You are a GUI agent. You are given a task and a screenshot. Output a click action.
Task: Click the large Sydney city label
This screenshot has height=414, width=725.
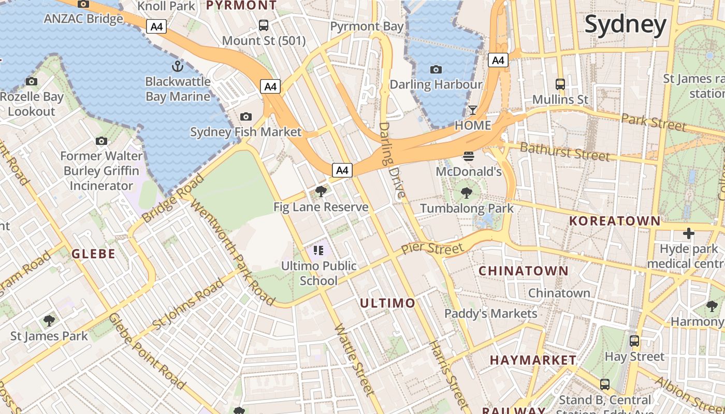pyautogui.click(x=625, y=24)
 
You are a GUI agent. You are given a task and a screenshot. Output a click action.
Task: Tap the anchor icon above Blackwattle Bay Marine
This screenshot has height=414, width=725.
pyautogui.click(x=178, y=66)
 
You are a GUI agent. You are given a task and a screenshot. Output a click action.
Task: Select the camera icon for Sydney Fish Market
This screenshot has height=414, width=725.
pyautogui.click(x=246, y=117)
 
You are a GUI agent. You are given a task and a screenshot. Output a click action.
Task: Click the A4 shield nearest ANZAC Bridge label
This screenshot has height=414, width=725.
pyautogui.click(x=156, y=26)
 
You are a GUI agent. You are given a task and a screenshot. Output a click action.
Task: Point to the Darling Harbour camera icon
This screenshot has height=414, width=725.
pyautogui.click(x=436, y=70)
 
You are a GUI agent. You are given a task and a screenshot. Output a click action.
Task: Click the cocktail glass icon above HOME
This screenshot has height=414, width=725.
pyautogui.click(x=472, y=110)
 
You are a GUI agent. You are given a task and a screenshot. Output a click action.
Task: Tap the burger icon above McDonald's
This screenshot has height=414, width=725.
pyautogui.click(x=469, y=156)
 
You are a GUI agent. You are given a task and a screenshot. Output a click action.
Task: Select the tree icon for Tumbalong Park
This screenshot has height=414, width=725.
pyautogui.click(x=467, y=194)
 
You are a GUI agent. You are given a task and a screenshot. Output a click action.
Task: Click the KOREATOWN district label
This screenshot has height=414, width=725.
pyautogui.click(x=614, y=221)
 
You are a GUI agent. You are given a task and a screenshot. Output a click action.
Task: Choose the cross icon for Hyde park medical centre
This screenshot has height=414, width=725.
pyautogui.click(x=688, y=234)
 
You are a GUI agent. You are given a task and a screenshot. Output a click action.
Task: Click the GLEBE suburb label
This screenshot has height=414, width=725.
pyautogui.click(x=93, y=254)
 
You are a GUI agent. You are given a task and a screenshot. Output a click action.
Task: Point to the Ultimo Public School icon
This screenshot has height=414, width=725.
pyautogui.click(x=318, y=251)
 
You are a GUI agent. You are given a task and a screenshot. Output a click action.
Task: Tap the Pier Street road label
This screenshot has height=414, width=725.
pyautogui.click(x=432, y=249)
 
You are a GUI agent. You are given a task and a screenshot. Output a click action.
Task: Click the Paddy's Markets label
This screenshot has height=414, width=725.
pyautogui.click(x=491, y=314)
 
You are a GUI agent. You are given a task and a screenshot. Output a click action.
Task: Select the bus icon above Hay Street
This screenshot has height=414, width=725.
pyautogui.click(x=634, y=341)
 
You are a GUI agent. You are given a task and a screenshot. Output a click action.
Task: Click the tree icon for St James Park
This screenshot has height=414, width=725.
pyautogui.click(x=49, y=321)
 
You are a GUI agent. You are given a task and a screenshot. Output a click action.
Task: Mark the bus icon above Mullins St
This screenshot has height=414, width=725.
pyautogui.click(x=560, y=84)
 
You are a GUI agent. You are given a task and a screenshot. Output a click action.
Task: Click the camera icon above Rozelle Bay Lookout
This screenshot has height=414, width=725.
pyautogui.click(x=32, y=81)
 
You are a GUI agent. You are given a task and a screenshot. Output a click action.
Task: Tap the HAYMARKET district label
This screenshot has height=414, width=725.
pyautogui.click(x=533, y=360)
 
